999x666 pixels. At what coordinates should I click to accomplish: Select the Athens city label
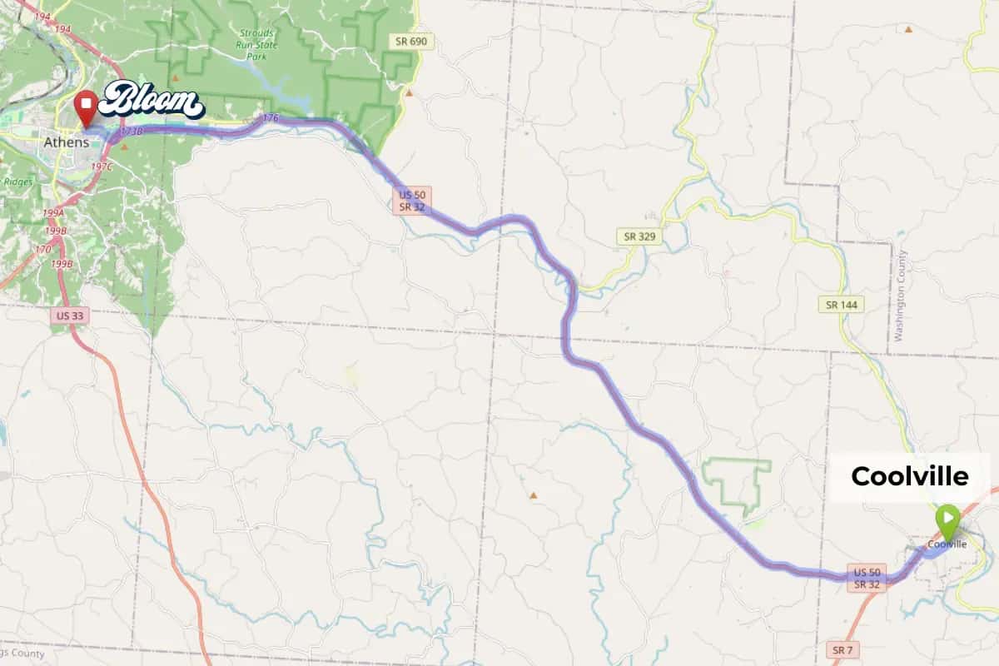coord(66,142)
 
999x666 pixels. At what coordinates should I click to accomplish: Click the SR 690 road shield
coord(412,41)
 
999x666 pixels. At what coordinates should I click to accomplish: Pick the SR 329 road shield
coord(639,236)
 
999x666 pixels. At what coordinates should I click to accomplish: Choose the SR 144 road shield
coord(841,305)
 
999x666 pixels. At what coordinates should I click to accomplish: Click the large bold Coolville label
coord(909,476)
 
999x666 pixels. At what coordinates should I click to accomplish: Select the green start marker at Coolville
coord(947,518)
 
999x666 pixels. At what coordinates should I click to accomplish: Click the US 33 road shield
coord(69,316)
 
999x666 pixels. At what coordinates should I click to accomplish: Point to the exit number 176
coord(269,119)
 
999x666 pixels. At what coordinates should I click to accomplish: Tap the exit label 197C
coord(102,167)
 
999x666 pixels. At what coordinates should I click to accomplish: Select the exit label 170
coord(43,248)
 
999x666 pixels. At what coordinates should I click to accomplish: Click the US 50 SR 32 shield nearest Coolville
coord(867,579)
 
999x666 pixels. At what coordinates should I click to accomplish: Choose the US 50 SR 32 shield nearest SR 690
coord(412,200)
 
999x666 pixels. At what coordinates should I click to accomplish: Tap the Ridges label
coord(18,181)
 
